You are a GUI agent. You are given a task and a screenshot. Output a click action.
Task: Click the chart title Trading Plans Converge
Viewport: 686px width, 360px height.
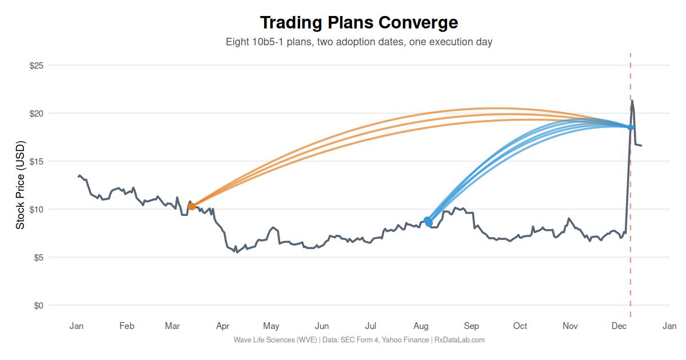(x=359, y=22)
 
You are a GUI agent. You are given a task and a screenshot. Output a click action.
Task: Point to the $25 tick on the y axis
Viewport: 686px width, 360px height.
(x=37, y=66)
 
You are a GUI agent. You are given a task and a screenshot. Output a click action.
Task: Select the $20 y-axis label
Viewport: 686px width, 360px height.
(x=37, y=114)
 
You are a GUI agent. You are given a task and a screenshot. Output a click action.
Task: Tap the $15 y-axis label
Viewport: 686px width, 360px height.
(x=37, y=162)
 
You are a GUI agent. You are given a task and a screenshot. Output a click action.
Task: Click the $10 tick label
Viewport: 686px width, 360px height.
(x=37, y=210)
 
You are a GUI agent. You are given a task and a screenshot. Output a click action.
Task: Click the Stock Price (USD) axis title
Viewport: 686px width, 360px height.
(x=20, y=185)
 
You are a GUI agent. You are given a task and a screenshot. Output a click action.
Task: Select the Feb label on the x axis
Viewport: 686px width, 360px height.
(x=127, y=326)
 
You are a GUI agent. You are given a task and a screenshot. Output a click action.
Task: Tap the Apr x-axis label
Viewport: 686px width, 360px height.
(x=222, y=326)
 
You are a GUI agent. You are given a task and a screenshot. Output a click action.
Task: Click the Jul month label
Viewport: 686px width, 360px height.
(x=370, y=326)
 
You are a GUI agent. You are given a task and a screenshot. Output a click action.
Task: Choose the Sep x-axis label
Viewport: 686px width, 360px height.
(x=471, y=326)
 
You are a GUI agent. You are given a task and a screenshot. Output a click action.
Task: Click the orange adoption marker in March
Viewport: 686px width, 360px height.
(x=192, y=206)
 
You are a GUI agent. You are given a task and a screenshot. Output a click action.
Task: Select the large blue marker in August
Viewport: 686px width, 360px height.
(x=428, y=221)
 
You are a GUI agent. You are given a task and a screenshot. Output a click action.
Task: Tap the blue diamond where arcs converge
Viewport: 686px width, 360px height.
(x=631, y=127)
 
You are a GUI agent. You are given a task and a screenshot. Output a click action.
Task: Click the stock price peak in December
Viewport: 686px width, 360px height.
(x=632, y=101)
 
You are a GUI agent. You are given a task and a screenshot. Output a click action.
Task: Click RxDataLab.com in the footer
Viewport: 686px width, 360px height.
(x=460, y=340)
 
